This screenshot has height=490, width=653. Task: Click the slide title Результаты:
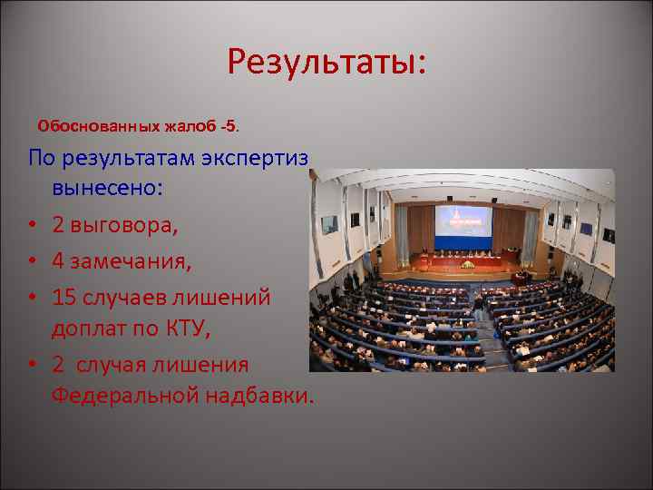tap(326, 63)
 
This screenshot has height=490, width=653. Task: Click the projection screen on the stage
tap(463, 226)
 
